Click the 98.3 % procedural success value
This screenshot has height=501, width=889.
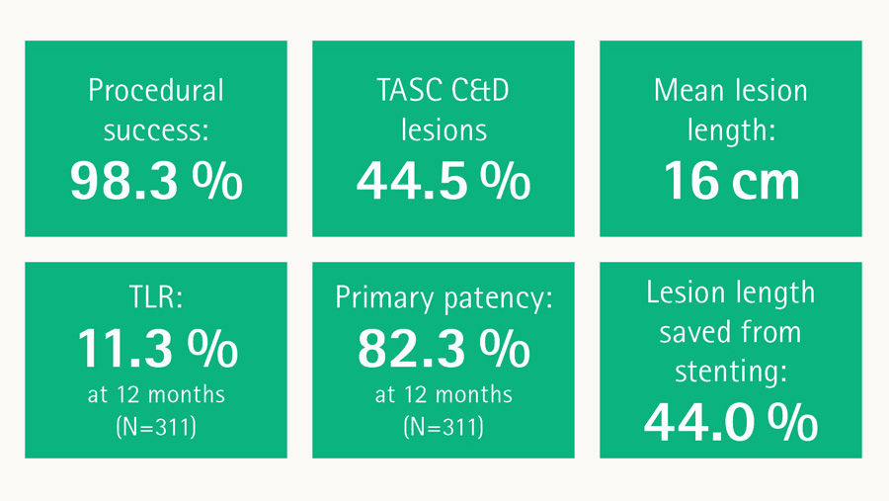point(156,182)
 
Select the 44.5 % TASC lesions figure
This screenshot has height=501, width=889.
point(443,182)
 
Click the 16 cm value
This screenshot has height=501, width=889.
point(730,182)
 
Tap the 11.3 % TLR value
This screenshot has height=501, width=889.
point(156,348)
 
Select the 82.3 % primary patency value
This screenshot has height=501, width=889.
point(443,348)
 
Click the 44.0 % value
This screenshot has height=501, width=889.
point(730,422)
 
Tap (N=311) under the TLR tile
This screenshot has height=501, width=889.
point(156,428)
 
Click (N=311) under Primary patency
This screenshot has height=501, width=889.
point(443,428)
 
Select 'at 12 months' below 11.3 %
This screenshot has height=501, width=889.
point(156,395)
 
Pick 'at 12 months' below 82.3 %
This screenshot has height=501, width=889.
point(443,395)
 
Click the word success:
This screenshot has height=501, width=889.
point(156,129)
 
